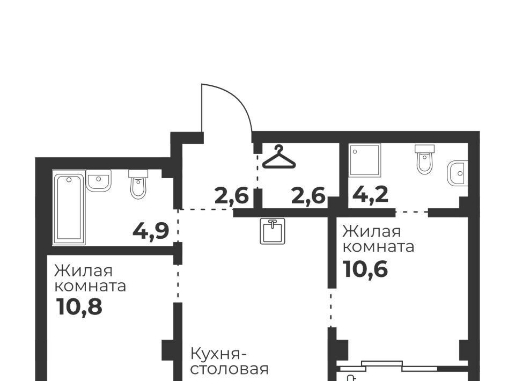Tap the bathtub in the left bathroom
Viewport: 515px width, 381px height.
click(x=69, y=207)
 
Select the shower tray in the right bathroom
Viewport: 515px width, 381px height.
click(x=365, y=160)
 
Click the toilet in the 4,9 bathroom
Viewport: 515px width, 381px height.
click(x=138, y=184)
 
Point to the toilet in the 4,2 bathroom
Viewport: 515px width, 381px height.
click(x=425, y=159)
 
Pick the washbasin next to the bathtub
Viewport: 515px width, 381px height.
click(x=99, y=180)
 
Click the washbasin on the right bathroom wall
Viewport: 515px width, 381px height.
click(x=457, y=173)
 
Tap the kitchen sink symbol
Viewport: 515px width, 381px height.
click(x=273, y=231)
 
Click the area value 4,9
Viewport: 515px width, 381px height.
click(x=151, y=231)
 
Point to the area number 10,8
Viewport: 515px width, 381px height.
click(x=79, y=306)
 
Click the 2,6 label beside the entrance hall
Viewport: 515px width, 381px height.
click(x=231, y=196)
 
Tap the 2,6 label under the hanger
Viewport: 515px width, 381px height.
click(x=308, y=196)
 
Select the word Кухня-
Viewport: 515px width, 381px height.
click(x=218, y=354)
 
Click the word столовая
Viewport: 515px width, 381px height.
click(x=230, y=369)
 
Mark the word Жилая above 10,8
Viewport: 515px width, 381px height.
click(x=84, y=272)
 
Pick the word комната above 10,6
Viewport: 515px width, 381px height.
click(x=378, y=247)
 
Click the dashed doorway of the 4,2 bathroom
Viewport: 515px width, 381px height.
click(x=412, y=212)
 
